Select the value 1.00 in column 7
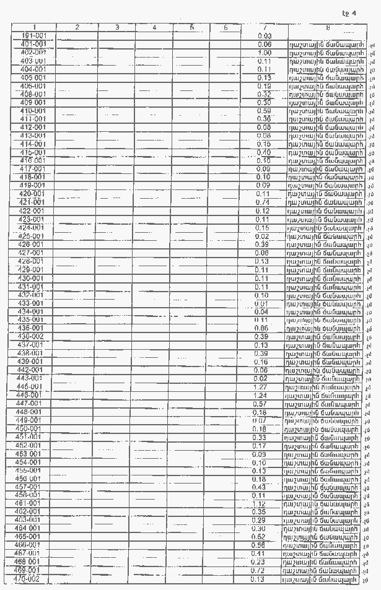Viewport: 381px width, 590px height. (x=265, y=53)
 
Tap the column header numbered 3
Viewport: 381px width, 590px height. (x=116, y=27)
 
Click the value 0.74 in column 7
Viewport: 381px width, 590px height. (x=265, y=202)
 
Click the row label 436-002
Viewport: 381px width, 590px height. (x=31, y=336)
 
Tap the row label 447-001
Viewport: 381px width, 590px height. (x=29, y=404)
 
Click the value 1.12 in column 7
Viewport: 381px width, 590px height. (x=259, y=503)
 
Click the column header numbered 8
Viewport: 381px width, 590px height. (x=327, y=27)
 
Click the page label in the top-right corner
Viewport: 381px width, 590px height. (x=349, y=13)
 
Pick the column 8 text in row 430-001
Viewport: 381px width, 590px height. (x=323, y=279)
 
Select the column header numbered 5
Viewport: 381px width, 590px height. (x=192, y=27)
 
